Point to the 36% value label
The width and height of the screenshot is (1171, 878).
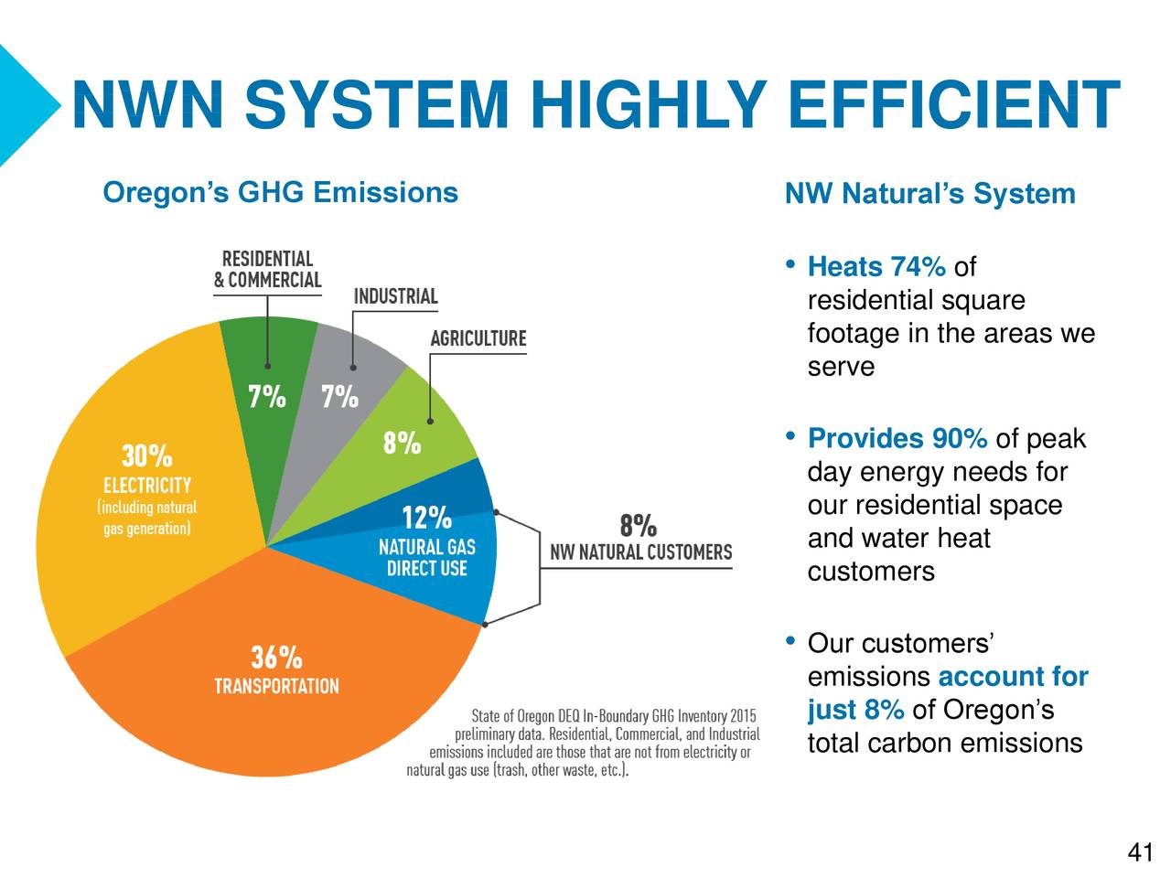tap(276, 657)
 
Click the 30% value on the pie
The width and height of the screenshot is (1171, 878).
tap(146, 455)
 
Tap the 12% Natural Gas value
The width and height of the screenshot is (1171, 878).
tap(426, 519)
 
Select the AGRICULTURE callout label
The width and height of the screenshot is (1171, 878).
tap(478, 338)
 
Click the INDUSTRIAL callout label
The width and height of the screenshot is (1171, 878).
tap(395, 296)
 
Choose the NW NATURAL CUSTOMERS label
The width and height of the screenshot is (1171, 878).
tap(640, 552)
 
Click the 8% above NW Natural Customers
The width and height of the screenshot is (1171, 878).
tap(638, 526)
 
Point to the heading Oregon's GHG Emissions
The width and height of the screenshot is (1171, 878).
tap(280, 193)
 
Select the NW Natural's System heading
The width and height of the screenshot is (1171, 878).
tap(929, 194)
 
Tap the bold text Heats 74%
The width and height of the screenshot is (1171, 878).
tap(876, 267)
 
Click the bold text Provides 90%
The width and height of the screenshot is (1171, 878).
tap(897, 439)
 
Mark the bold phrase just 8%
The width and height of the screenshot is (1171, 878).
tap(855, 710)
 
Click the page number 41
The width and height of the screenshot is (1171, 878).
tap(1140, 853)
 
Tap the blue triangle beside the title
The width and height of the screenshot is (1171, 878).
tap(23, 105)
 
